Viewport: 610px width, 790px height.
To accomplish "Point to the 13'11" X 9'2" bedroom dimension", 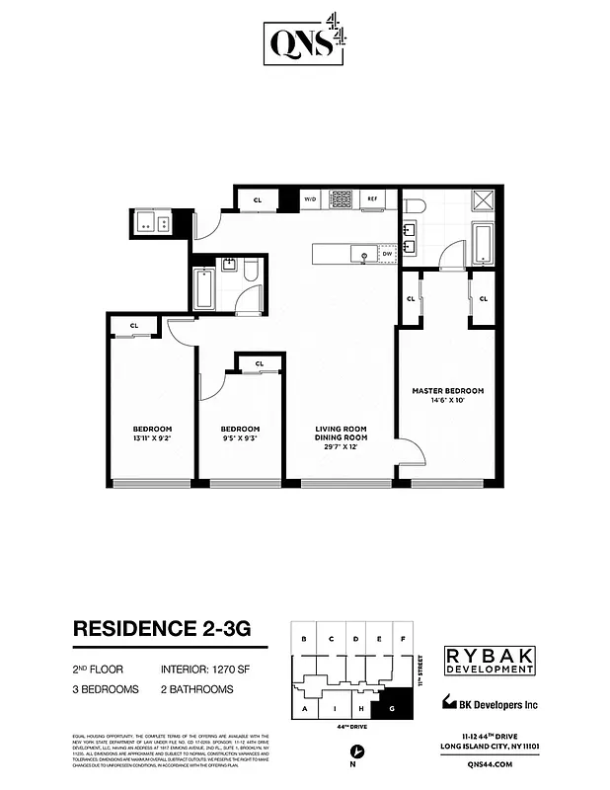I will click(146, 437).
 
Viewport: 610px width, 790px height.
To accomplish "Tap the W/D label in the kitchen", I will click(310, 198).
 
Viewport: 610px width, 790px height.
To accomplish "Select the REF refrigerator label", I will click(373, 198).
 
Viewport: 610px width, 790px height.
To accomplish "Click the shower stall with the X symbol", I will click(483, 202).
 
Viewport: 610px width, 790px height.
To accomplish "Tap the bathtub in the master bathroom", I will click(484, 243).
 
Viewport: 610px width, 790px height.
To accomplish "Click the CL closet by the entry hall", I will click(258, 199).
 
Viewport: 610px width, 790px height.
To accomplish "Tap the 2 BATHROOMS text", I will click(196, 688).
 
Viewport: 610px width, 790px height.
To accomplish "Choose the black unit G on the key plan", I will click(393, 708).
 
